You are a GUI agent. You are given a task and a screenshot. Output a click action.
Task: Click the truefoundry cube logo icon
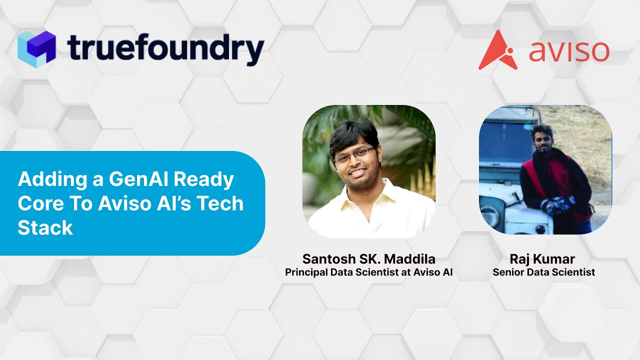click(x=36, y=48)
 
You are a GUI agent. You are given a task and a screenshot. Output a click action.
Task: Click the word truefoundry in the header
click(x=165, y=49)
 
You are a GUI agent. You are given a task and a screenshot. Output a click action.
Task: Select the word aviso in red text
click(x=569, y=51)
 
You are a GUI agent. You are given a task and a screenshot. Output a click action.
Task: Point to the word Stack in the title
click(x=45, y=228)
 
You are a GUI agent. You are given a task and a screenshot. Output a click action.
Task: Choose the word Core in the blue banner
click(x=38, y=204)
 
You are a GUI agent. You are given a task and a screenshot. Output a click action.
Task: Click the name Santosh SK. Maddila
click(x=368, y=259)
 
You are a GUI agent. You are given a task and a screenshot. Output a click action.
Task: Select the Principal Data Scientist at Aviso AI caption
click(x=368, y=272)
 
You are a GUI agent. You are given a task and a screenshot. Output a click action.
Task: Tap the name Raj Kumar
click(x=542, y=259)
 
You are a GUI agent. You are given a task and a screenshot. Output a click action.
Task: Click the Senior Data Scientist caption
click(x=543, y=272)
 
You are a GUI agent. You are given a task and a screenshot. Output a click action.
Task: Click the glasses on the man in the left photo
click(x=354, y=155)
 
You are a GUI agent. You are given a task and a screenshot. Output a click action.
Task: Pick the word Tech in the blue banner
click(x=221, y=204)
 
